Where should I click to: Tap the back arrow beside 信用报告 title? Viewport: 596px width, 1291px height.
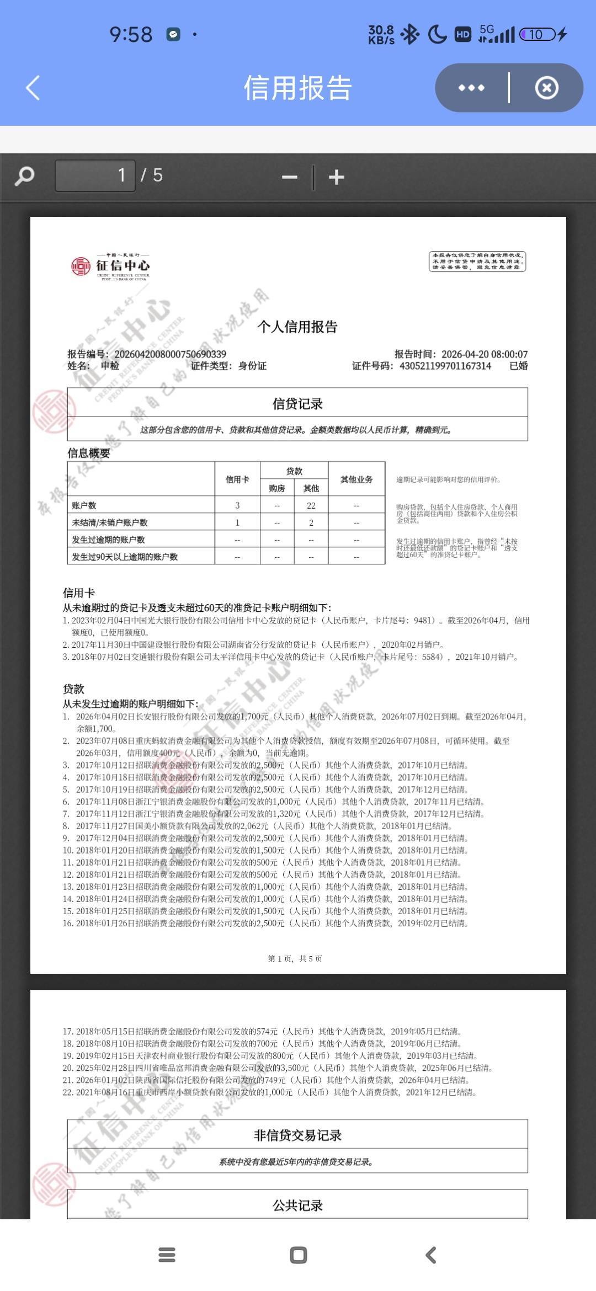(x=33, y=88)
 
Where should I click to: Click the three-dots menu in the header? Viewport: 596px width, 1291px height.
(x=471, y=88)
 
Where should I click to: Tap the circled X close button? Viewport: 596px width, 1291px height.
(x=546, y=88)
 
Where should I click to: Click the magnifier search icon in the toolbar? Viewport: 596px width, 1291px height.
(x=24, y=177)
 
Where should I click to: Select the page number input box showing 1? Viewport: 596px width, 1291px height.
(x=95, y=176)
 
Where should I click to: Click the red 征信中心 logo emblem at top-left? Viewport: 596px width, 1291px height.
(x=81, y=266)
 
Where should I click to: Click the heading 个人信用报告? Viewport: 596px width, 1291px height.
(x=297, y=327)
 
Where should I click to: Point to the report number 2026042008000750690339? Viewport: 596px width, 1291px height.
(x=170, y=354)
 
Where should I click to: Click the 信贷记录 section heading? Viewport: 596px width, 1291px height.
(x=297, y=404)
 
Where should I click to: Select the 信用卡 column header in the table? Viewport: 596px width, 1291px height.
(x=237, y=479)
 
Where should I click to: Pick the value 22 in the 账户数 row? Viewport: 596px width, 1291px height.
(x=311, y=505)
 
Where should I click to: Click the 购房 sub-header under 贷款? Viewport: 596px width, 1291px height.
(x=277, y=488)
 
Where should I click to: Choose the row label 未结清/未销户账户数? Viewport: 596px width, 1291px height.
(x=110, y=522)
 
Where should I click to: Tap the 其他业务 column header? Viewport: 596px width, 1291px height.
(x=356, y=479)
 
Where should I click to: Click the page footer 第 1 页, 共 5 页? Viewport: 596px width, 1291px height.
(x=295, y=958)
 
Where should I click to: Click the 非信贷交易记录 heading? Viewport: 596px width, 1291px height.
(x=297, y=1135)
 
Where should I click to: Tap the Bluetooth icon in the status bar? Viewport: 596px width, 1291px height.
(x=409, y=35)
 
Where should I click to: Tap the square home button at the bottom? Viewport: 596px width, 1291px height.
(x=298, y=1255)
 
